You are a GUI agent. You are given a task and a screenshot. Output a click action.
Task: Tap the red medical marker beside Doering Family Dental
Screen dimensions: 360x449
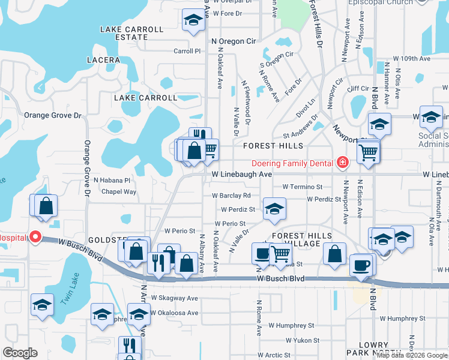342,162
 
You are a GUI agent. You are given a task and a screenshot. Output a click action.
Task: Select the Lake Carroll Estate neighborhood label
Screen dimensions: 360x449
132,33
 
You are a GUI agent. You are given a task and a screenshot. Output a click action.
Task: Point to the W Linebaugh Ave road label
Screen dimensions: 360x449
243,173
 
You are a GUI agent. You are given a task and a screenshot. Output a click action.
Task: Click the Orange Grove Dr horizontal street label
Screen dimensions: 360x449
52,115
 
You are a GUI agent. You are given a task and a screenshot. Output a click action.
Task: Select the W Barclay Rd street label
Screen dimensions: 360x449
231,196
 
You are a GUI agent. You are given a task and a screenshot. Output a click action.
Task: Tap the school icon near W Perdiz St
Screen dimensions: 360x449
274,209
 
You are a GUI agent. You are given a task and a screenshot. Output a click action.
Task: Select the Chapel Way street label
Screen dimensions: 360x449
119,192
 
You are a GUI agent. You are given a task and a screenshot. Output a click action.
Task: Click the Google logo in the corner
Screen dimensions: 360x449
20,353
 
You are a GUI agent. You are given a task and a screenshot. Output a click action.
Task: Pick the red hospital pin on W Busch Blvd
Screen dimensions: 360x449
35,237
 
